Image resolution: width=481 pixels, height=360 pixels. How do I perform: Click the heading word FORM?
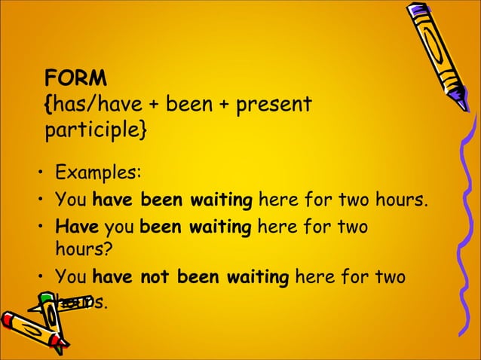point(76,78)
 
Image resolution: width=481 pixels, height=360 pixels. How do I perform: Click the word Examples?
point(97,172)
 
